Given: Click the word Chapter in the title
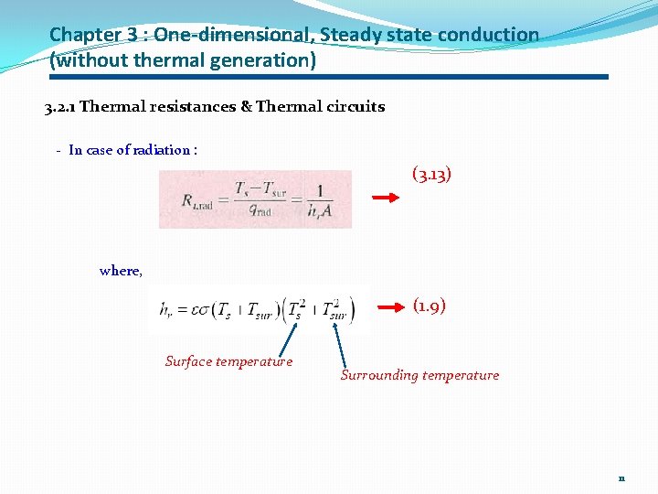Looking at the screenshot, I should (85, 36).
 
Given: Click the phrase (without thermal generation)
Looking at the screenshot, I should (183, 61).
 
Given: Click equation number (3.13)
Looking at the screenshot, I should (431, 174).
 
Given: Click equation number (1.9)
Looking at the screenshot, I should (429, 306).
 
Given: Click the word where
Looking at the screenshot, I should (120, 271).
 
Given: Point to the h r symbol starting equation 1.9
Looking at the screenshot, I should (164, 311).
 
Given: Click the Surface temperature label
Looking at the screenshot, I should (228, 361).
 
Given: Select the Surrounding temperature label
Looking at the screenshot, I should (419, 375).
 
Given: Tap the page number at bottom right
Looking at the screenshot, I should (621, 478).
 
